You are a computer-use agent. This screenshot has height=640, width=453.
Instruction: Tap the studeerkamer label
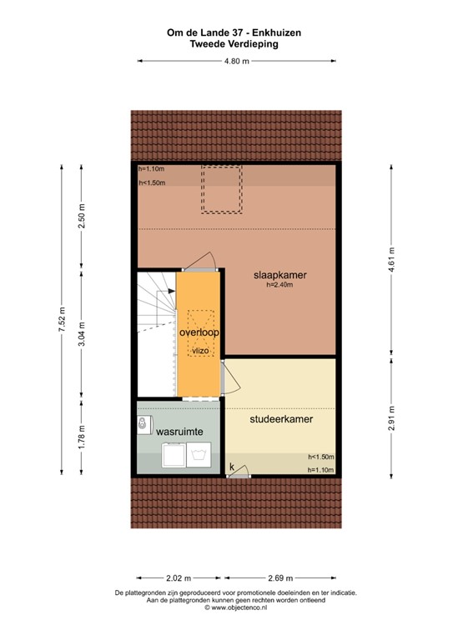pyautogui.click(x=281, y=419)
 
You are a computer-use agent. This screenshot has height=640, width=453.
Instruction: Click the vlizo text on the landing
pyautogui.click(x=199, y=352)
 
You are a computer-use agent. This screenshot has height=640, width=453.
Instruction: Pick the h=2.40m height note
pyautogui.click(x=280, y=285)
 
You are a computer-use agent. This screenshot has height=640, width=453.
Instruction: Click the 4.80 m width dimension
pyautogui.click(x=237, y=61)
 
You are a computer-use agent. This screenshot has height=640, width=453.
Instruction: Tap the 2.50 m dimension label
pyautogui.click(x=82, y=218)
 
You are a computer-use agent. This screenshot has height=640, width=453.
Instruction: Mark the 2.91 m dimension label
pyautogui.click(x=390, y=413)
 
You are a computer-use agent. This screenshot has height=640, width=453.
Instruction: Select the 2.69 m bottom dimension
pyautogui.click(x=280, y=577)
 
